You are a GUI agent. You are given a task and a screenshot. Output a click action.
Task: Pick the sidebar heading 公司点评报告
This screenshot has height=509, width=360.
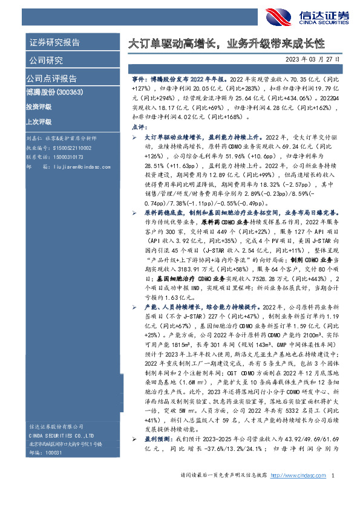[51, 79]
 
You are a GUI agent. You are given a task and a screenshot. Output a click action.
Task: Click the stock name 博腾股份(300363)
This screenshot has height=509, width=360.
[55, 92]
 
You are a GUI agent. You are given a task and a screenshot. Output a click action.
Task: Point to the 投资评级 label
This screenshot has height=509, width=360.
[39, 106]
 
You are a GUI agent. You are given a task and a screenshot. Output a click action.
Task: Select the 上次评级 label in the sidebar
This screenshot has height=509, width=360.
[39, 120]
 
